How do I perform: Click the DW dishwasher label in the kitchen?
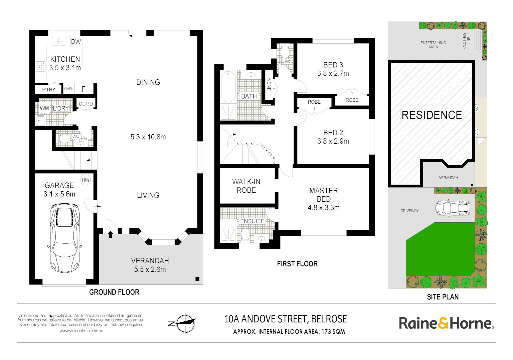76,42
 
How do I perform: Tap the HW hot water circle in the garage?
85,180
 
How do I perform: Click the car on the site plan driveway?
453,208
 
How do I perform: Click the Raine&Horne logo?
446,323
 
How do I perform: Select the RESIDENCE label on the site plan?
432,115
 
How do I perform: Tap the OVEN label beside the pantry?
69,89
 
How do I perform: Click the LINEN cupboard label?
269,85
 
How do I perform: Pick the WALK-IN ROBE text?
246,186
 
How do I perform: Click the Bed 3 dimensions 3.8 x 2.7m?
333,74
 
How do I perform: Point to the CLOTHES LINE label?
466,41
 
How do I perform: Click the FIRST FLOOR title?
297,264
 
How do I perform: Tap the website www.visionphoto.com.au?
81,331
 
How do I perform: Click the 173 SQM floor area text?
333,332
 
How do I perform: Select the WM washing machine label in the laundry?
44,108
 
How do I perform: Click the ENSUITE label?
252,221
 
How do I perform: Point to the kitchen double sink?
59,42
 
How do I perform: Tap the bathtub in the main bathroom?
228,87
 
